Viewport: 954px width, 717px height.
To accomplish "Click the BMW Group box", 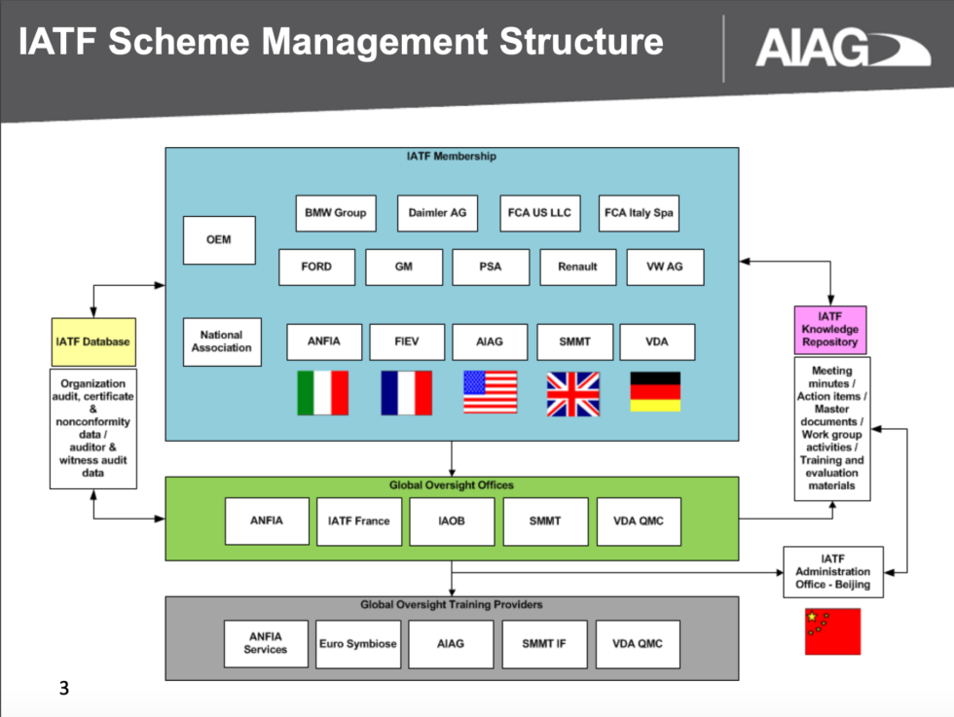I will click(x=335, y=213).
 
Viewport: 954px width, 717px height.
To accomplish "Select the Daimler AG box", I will click(x=437, y=213).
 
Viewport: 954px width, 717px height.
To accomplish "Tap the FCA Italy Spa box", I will click(x=638, y=213).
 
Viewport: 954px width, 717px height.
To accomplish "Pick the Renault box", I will click(x=577, y=267).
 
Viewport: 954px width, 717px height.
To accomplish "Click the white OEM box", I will click(x=219, y=240).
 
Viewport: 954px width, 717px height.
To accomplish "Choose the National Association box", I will click(x=222, y=341).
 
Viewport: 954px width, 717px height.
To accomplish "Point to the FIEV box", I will click(x=407, y=342).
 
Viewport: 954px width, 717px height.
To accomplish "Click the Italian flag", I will click(x=322, y=393).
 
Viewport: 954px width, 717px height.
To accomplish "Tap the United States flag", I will click(x=490, y=393).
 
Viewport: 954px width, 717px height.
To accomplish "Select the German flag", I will click(x=655, y=392).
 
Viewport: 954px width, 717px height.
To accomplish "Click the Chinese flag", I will click(x=832, y=631).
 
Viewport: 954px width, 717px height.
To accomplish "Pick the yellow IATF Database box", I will click(x=92, y=342).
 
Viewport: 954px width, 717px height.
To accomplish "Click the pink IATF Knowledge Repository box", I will click(x=830, y=330).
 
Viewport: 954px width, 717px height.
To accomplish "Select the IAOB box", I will click(x=451, y=521).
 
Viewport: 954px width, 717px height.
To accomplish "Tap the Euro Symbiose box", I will click(x=358, y=644).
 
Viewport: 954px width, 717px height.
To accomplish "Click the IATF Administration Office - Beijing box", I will click(x=832, y=572).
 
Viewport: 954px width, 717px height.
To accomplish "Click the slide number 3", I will click(x=64, y=690).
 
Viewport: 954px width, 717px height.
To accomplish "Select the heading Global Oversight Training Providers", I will click(x=451, y=605).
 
